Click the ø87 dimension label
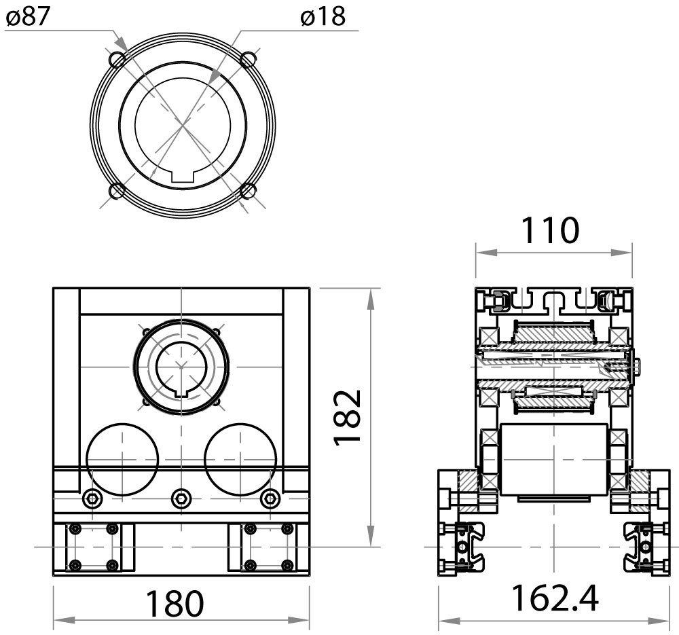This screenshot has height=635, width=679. [29, 16]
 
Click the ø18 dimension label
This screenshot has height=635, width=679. [323, 16]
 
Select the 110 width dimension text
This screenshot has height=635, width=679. [551, 230]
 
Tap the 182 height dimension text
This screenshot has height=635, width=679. [348, 417]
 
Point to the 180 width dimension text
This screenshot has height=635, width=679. [176, 602]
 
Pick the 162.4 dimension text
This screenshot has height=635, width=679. [554, 598]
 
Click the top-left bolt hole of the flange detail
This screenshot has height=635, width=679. [117, 60]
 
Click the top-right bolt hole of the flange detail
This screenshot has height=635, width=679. [248, 60]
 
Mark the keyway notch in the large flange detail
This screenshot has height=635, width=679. [183, 177]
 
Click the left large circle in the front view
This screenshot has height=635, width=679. [122, 459]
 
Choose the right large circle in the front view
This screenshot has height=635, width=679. [240, 459]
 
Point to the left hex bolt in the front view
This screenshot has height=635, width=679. [92, 499]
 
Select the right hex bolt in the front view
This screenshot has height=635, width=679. [270, 499]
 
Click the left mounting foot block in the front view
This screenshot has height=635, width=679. [94, 547]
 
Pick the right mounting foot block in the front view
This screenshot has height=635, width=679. [269, 547]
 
